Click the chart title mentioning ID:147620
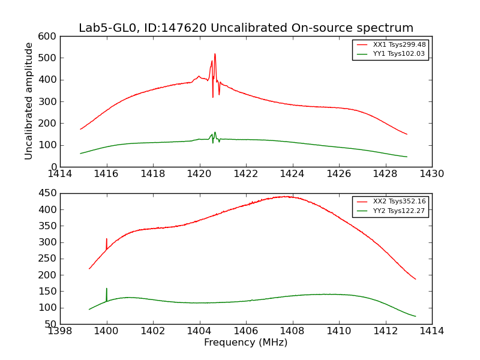(246, 28)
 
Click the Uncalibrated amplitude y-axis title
(29, 101)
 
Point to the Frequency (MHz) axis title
(246, 343)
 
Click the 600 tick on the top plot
(50, 37)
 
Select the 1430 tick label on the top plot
(432, 174)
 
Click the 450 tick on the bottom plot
(50, 193)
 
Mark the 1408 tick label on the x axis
(292, 331)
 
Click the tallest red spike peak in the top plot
(215, 54)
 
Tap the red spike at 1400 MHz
(107, 239)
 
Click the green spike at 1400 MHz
(107, 289)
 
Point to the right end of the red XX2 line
(415, 279)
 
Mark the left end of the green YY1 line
(80, 154)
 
